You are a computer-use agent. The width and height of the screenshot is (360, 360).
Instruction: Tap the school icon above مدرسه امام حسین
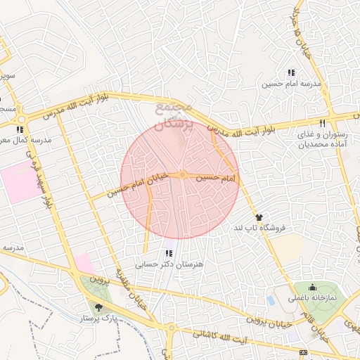point(291,72)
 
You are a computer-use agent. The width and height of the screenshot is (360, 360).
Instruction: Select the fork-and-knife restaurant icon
point(323,122)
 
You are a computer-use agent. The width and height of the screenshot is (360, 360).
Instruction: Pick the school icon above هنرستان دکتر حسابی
point(168,253)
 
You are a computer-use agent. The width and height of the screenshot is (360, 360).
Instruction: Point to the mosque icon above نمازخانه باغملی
point(312,287)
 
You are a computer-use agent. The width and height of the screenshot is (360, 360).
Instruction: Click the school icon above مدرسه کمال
point(20,129)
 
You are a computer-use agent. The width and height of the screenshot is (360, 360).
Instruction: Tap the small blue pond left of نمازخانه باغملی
point(271,300)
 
